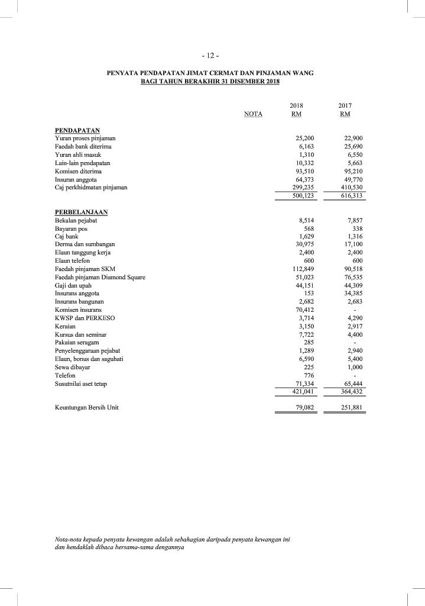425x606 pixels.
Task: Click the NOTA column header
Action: click(x=254, y=114)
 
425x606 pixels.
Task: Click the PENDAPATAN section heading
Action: click(x=77, y=129)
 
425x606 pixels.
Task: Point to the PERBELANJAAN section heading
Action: click(x=82, y=211)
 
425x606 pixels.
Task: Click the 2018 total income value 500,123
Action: click(x=304, y=196)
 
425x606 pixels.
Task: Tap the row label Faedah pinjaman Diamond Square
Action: click(x=100, y=277)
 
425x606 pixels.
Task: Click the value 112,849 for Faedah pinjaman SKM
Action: click(x=304, y=269)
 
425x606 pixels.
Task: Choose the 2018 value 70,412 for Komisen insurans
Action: click(x=305, y=310)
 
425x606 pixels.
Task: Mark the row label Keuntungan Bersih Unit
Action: click(x=86, y=407)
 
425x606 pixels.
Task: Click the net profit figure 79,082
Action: click(x=305, y=407)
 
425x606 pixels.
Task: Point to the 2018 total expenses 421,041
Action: click(x=304, y=392)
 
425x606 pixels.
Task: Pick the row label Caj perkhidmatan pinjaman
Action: click(x=90, y=187)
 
